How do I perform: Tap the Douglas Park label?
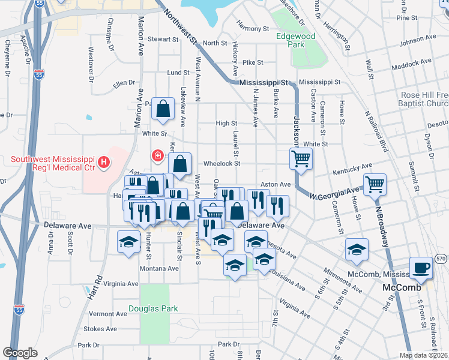(153, 309)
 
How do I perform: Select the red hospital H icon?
(104, 161)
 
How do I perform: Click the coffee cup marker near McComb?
(421, 268)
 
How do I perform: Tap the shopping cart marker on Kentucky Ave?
(300, 159)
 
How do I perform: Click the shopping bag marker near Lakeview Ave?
(163, 109)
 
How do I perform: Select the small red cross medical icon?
(158, 156)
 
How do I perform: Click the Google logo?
(20, 353)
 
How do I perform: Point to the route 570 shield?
(441, 258)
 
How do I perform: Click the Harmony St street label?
(253, 28)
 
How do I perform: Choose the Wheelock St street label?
(221, 163)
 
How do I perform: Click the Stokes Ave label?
(100, 329)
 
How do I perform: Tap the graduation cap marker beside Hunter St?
(128, 242)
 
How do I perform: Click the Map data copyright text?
(423, 355)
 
